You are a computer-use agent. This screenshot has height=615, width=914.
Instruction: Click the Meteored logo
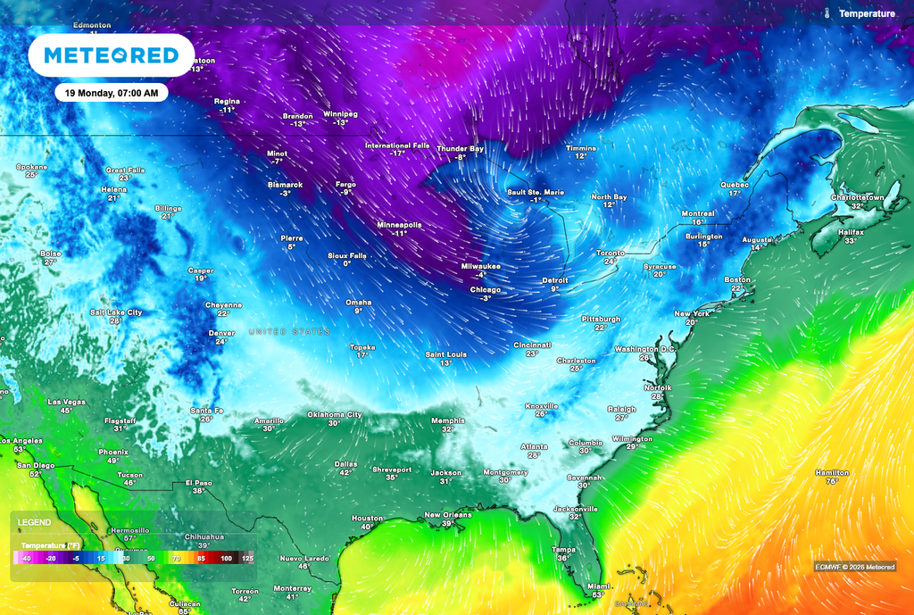tap(111, 55)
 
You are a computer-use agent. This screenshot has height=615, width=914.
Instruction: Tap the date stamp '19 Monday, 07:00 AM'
tap(112, 93)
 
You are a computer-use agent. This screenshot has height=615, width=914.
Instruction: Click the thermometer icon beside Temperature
tap(827, 14)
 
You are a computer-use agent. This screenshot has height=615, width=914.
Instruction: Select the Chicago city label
tap(486, 289)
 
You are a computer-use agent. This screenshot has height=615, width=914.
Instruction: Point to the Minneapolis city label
tap(399, 224)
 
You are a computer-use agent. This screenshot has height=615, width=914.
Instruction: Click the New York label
tap(692, 313)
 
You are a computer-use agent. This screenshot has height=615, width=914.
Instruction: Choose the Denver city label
tap(221, 333)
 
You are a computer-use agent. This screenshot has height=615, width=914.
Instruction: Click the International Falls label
tap(397, 145)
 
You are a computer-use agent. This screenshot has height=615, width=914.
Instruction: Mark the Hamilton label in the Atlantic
tap(832, 472)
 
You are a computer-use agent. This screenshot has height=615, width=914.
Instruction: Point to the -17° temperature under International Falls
tap(397, 154)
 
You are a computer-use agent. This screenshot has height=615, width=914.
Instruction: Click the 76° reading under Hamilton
tap(832, 481)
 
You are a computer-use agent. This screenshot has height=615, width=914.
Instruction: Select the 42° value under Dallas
tap(345, 472)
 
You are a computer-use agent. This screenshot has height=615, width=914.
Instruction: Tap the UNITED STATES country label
tap(289, 331)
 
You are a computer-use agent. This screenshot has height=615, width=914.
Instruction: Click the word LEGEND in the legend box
tap(35, 522)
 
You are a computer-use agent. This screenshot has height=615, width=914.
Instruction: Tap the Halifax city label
tap(851, 231)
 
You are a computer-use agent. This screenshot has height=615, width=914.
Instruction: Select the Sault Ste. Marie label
tap(536, 192)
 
